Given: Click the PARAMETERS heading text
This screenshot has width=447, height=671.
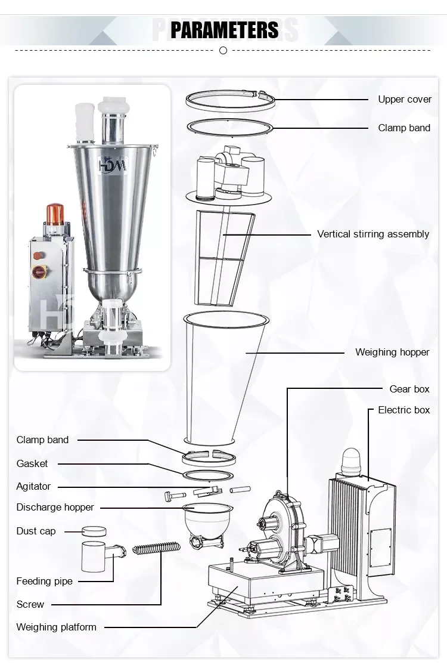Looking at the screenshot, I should [x=224, y=29].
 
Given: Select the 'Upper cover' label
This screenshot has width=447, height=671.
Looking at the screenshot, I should [x=404, y=99].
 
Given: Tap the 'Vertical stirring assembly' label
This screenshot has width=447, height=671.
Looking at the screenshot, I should [x=372, y=234].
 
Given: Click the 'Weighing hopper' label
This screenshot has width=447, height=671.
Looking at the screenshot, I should [x=392, y=352].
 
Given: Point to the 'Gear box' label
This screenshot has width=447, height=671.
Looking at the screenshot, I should [x=409, y=389].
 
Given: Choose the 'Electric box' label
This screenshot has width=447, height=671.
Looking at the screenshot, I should [x=403, y=410].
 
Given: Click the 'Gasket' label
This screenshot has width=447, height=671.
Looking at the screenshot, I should [x=32, y=463].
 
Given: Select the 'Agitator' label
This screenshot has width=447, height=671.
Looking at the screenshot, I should [x=33, y=486].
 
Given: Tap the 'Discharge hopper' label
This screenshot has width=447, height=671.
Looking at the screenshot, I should [x=55, y=507].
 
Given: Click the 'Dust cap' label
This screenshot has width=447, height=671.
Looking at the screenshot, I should [x=36, y=531].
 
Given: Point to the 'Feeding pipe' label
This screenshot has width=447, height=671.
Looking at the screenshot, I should [x=44, y=581].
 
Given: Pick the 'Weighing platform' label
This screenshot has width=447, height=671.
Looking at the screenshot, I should [x=56, y=627].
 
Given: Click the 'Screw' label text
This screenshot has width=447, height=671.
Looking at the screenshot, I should [x=30, y=604].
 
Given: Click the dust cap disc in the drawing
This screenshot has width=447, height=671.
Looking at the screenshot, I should [x=94, y=531].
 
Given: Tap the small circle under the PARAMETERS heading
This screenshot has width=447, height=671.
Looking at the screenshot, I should [x=223, y=51].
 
